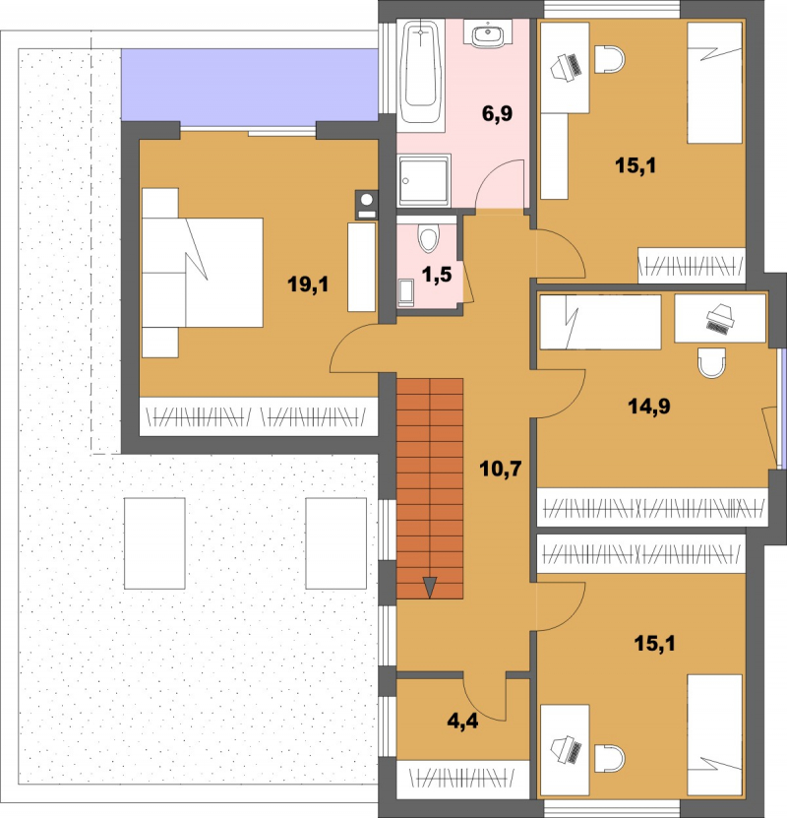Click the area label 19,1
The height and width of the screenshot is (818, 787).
coord(308,284)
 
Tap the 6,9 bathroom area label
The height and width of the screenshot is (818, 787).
coord(497,113)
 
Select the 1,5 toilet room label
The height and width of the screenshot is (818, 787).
coord(436,275)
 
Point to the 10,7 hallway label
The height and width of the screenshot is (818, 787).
coord(501,469)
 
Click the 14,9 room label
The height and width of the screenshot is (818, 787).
coord(649,406)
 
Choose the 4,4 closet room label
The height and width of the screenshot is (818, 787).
coord(462,721)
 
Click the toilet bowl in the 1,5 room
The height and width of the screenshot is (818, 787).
coord(428,238)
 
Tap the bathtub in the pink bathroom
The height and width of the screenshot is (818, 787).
coord(421,72)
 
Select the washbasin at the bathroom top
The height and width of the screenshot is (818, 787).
coord(488,34)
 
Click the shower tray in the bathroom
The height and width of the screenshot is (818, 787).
coord(424,181)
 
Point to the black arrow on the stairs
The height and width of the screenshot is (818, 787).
coord(430,587)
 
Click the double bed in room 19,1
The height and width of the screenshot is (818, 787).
coord(203,273)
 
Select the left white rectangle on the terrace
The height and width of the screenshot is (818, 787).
coord(154,543)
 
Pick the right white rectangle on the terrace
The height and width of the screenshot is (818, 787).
coord(336,543)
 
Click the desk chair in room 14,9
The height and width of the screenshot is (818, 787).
coord(712,362)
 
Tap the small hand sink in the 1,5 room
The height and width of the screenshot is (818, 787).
coord(405,292)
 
